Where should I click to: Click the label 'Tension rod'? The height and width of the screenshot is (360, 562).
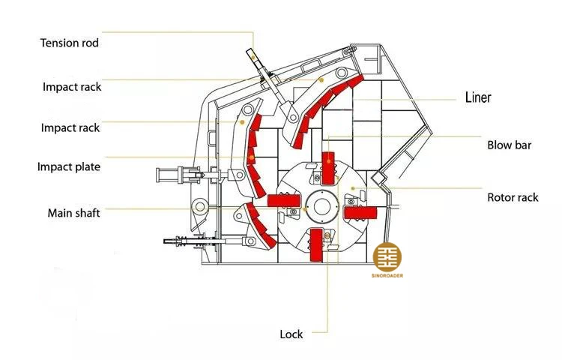[x=69, y=43]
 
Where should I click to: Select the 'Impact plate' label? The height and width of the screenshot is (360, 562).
[x=68, y=166]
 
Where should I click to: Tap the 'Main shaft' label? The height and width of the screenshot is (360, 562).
[x=73, y=213]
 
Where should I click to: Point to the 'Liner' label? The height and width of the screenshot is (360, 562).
[x=478, y=97]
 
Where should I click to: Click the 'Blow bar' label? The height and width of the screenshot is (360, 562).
[x=509, y=145]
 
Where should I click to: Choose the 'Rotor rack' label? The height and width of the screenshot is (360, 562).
[x=513, y=198]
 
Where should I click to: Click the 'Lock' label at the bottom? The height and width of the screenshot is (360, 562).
[x=291, y=334]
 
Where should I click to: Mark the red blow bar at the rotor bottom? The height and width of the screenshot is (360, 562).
[x=317, y=247]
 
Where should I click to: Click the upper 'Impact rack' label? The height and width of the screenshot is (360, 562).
[x=71, y=86]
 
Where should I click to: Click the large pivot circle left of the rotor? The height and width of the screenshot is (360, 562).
[x=200, y=205]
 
